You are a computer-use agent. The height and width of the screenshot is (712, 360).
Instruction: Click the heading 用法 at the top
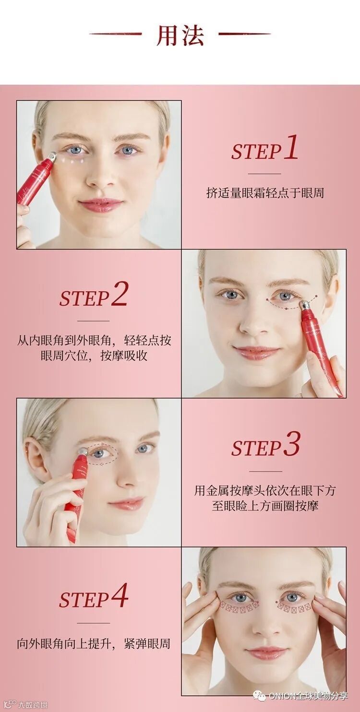(180, 35)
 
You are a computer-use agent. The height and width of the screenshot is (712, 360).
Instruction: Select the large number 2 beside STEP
(119, 294)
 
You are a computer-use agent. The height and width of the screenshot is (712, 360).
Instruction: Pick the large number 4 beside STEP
(120, 594)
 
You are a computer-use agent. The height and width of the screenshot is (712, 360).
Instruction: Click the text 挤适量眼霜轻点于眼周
(265, 193)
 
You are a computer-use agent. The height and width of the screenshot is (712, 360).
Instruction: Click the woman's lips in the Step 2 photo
(256, 352)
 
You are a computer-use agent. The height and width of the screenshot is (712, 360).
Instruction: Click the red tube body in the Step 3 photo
(73, 496)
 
